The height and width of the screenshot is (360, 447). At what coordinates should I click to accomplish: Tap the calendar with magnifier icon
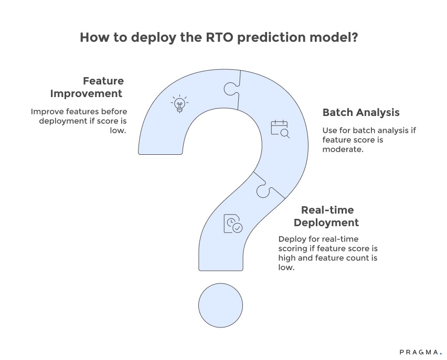pos(280,129)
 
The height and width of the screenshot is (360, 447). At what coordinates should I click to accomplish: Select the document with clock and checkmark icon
pos(233,224)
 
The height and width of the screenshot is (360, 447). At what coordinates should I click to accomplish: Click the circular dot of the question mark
pos(220,305)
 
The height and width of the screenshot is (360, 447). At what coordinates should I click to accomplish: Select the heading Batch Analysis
pos(361,112)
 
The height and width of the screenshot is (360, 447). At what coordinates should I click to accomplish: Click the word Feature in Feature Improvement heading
pos(103,81)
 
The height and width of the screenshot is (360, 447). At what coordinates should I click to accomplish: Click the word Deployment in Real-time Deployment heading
pos(326,223)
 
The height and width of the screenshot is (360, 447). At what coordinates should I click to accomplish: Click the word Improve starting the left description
pos(46,111)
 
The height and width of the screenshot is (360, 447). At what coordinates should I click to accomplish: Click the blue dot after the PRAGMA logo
pos(441,354)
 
